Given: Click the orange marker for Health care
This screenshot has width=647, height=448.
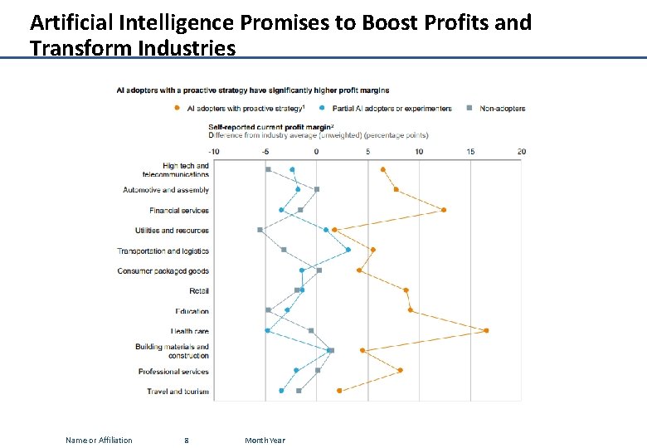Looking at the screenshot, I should [486, 330].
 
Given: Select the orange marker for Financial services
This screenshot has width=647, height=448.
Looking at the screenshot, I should [444, 210].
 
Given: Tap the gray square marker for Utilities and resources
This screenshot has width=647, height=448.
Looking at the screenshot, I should [260, 230].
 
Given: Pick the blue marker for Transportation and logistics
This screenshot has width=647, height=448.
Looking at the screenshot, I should [348, 250].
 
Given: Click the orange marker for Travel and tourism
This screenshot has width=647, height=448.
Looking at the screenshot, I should [339, 391].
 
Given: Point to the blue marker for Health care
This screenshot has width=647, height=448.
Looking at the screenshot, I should [267, 330].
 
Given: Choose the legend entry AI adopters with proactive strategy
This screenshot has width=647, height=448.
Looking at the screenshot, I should [242, 109].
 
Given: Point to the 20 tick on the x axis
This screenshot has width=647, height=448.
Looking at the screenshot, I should [521, 152].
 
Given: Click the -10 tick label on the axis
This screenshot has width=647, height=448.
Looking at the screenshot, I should [214, 152].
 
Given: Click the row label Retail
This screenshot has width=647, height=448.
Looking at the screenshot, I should [199, 291].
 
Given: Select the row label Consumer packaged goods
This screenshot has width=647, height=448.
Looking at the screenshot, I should [163, 271].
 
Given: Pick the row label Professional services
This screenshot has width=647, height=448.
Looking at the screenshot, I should [173, 372].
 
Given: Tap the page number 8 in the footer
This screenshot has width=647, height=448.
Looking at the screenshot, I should [187, 440].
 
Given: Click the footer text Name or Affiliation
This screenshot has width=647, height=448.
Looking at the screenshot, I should [99, 440].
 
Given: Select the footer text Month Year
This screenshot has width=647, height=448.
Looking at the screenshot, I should [265, 440].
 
